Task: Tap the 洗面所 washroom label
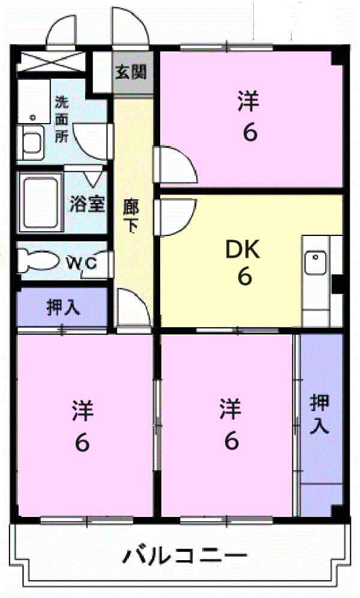62,119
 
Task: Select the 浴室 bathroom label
87,204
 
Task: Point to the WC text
83,262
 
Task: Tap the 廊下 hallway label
131,216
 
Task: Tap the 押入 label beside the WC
63,307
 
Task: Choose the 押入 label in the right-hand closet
319,414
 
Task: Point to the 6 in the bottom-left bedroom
82,442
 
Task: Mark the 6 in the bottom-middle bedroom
231,441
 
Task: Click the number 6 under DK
244,277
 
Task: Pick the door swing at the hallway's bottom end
132,307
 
